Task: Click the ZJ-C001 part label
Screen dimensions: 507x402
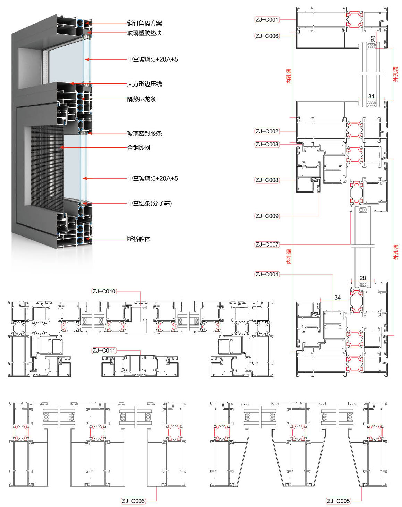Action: point(267,20)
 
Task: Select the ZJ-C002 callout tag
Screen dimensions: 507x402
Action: point(267,131)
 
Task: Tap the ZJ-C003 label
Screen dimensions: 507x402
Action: point(267,144)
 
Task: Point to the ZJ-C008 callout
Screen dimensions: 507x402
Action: point(267,180)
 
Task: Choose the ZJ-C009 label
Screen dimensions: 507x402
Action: point(267,216)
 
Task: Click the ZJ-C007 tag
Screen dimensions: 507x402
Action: point(267,244)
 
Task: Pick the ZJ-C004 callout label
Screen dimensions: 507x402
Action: point(267,274)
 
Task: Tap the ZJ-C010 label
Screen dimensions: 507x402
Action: point(104,291)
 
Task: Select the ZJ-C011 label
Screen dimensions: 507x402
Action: point(104,350)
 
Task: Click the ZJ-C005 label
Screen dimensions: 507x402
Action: point(338,501)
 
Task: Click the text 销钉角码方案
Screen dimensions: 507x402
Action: point(144,23)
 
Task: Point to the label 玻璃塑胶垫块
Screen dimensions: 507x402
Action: point(144,33)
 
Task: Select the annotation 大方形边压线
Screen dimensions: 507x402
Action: point(144,84)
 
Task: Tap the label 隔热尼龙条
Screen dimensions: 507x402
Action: point(142,99)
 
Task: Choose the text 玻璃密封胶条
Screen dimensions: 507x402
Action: point(144,133)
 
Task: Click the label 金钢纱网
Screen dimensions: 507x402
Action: point(138,148)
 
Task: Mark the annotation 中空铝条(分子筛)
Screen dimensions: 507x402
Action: point(149,203)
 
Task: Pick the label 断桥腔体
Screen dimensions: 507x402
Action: point(138,239)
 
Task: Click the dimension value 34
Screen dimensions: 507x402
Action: point(337,297)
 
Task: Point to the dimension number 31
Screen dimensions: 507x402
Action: point(371,96)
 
